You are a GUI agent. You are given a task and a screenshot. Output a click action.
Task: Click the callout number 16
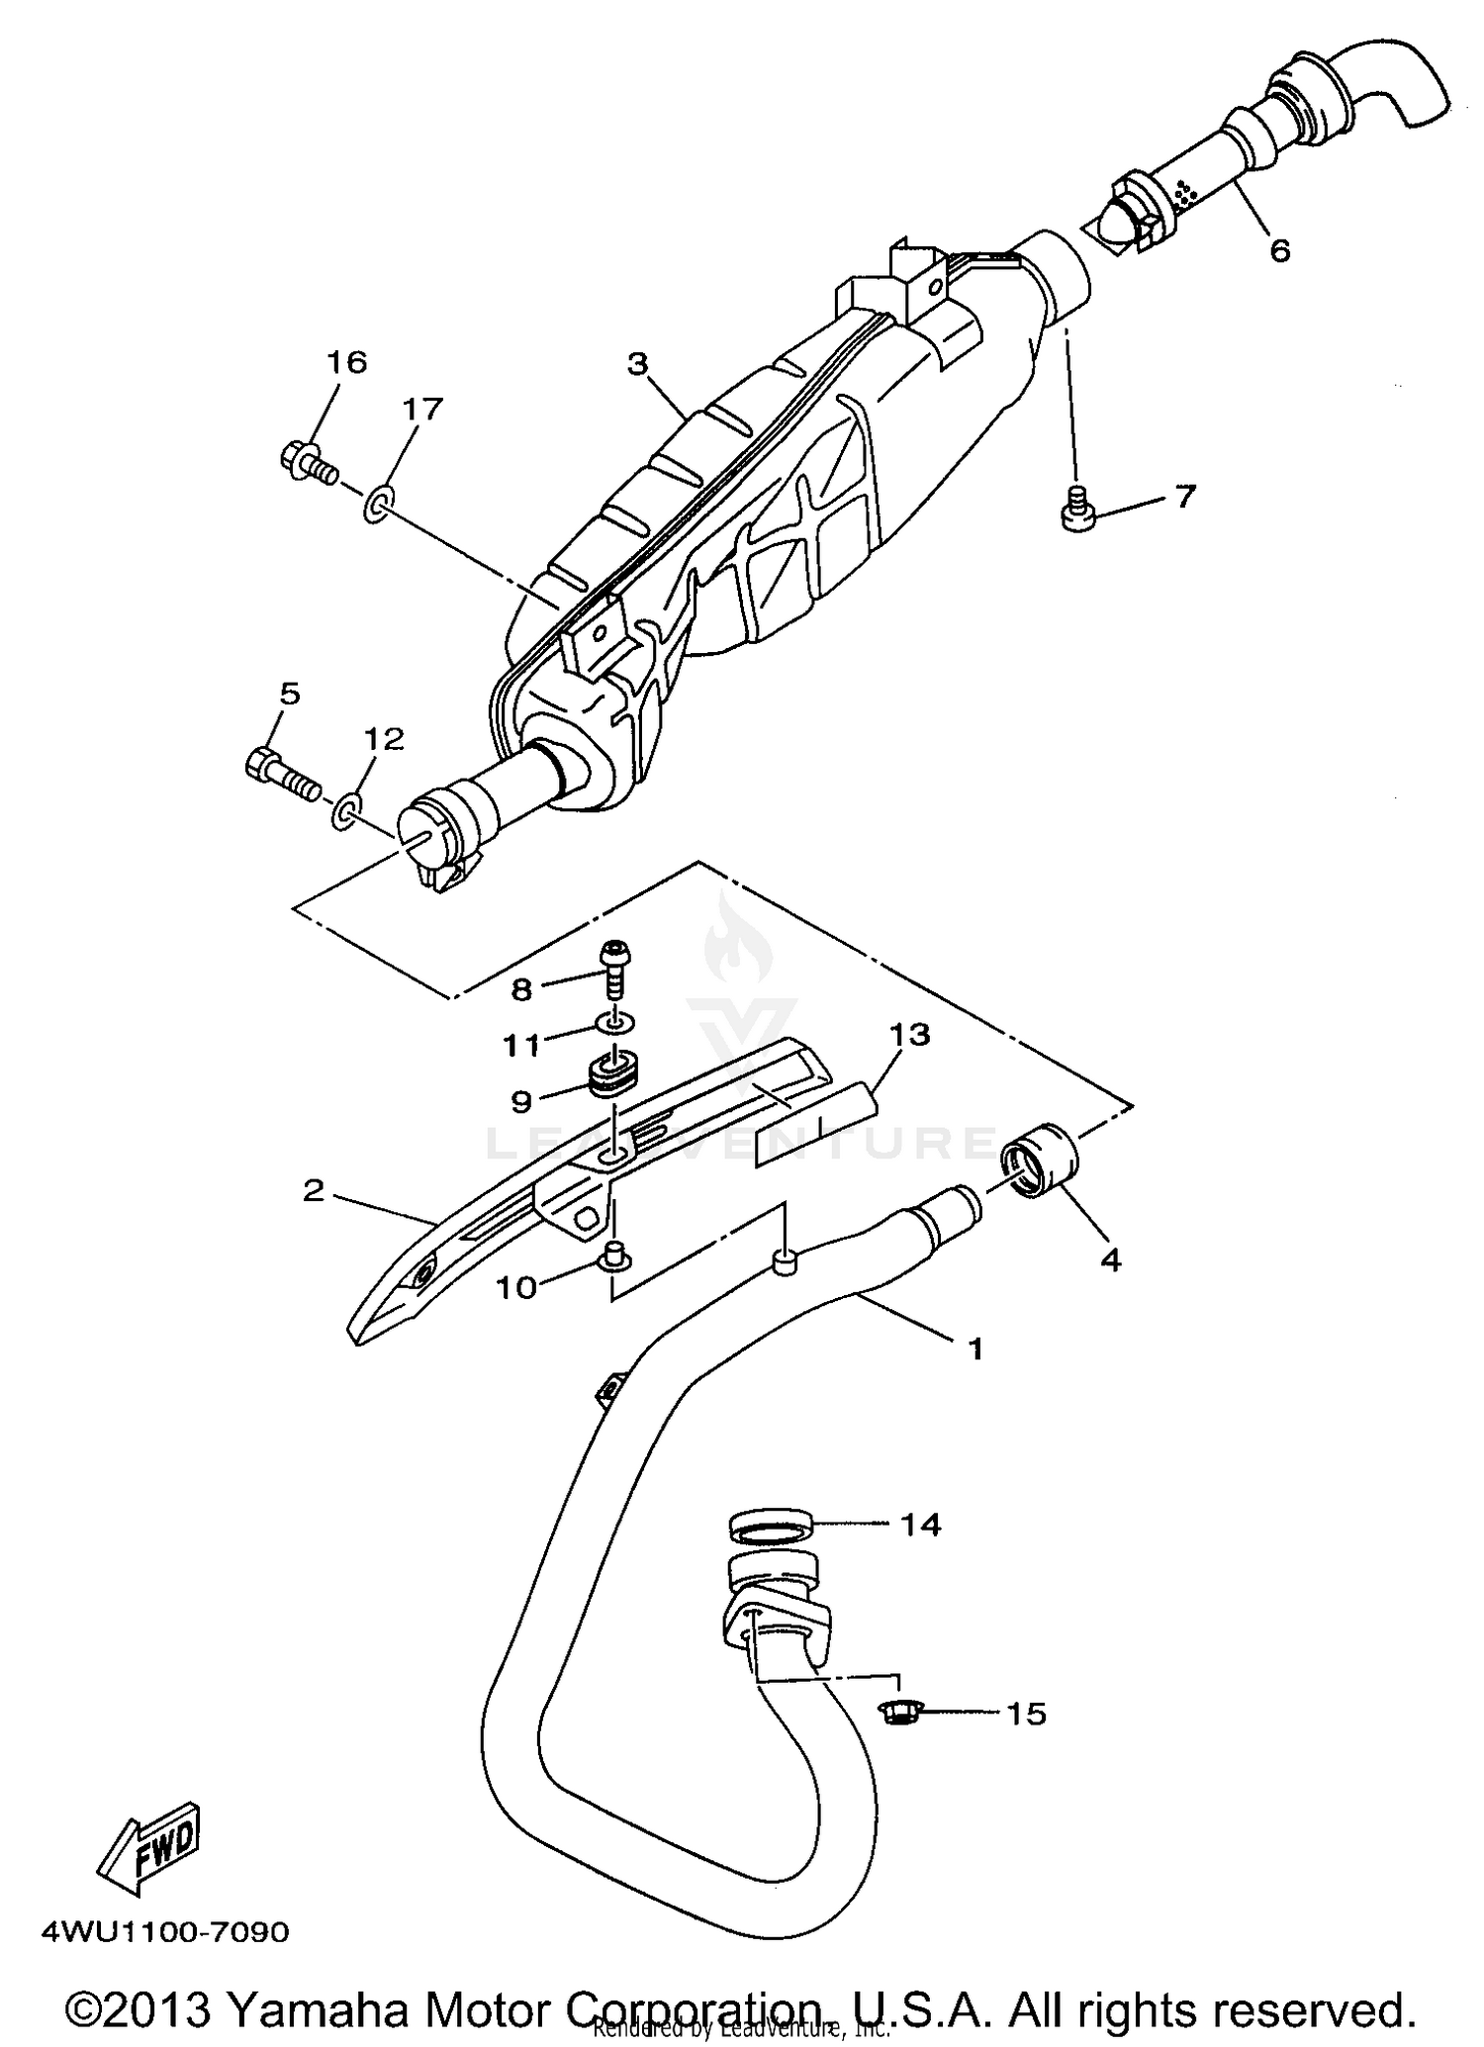pos(347,362)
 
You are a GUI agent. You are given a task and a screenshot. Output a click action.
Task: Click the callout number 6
pos(1279,251)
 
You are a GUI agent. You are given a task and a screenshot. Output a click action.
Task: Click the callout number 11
pos(522,1045)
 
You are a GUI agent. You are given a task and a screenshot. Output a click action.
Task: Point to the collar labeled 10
pos(612,1259)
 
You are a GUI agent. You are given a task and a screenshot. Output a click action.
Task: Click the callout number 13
pos(910,1036)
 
